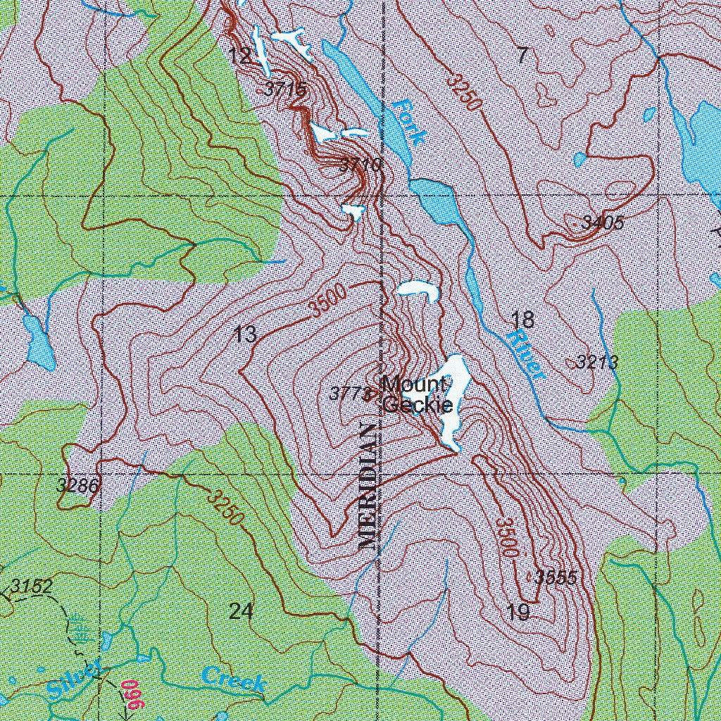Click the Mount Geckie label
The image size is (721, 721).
pyautogui.click(x=415, y=395)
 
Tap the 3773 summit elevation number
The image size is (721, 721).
pyautogui.click(x=350, y=394)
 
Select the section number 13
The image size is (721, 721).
pyautogui.click(x=245, y=334)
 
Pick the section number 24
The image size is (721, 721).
pyautogui.click(x=241, y=611)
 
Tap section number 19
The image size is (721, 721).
pyautogui.click(x=518, y=612)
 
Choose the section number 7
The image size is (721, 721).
pyautogui.click(x=522, y=56)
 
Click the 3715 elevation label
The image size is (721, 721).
pyautogui.click(x=286, y=89)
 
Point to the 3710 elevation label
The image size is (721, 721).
pyautogui.click(x=360, y=165)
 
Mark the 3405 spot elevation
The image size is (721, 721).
pyautogui.click(x=603, y=223)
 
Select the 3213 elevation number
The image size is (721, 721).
pyautogui.click(x=597, y=363)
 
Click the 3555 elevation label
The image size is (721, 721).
pyautogui.click(x=556, y=578)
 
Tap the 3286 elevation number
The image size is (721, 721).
pyautogui.click(x=78, y=485)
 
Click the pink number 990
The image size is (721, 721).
pyautogui.click(x=132, y=694)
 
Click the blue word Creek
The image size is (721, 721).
pyautogui.click(x=234, y=679)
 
